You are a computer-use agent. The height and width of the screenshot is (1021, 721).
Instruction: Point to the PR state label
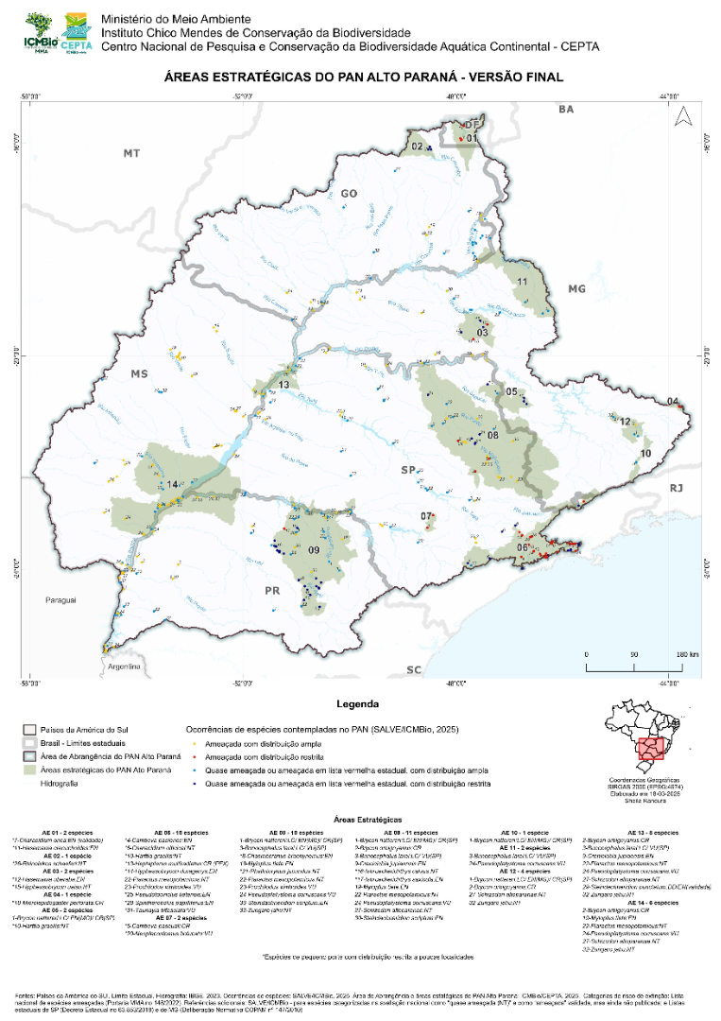coord(273,591)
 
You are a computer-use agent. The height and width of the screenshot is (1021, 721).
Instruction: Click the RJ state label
coord(676,488)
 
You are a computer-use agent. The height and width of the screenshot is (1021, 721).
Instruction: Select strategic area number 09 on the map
coord(314,551)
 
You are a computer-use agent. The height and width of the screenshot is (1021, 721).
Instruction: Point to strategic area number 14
coord(172,485)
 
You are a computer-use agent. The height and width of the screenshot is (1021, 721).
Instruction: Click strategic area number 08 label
coord(492,435)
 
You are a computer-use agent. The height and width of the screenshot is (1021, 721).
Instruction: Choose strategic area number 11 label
coord(521,282)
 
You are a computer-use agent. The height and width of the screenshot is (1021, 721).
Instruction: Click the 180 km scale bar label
coord(686,654)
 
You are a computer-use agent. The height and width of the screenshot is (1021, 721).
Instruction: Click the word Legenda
coord(357,704)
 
